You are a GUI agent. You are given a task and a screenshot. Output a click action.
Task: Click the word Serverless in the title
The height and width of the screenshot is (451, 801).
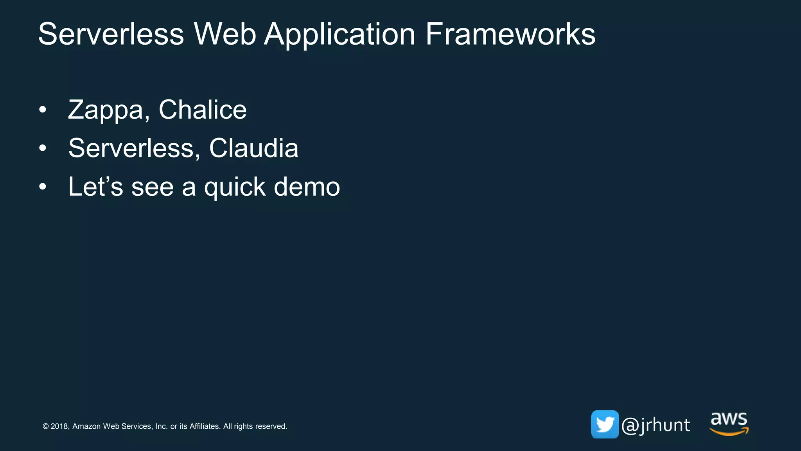click(111, 34)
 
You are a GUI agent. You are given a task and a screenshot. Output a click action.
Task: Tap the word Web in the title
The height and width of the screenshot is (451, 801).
click(224, 34)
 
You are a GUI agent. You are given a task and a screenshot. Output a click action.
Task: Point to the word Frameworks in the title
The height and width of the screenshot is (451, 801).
click(510, 34)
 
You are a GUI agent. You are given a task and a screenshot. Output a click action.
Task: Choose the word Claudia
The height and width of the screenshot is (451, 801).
click(253, 148)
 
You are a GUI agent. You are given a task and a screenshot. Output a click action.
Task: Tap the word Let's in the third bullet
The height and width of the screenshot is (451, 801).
click(95, 186)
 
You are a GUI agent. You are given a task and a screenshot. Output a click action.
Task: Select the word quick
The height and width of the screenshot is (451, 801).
click(235, 187)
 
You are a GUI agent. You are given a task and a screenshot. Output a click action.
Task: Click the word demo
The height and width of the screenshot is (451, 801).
click(307, 186)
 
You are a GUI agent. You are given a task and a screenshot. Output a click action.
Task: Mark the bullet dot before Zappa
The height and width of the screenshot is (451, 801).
click(43, 110)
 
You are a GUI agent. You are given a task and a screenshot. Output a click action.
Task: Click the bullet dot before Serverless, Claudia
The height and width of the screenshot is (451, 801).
click(43, 148)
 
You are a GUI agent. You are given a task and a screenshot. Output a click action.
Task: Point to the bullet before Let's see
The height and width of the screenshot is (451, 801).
click(43, 187)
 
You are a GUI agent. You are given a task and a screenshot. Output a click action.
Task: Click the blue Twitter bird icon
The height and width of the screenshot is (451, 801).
click(605, 424)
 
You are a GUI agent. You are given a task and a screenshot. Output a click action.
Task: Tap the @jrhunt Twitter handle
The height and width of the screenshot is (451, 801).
click(656, 425)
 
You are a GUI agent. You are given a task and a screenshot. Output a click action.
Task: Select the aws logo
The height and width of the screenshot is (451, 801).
click(729, 424)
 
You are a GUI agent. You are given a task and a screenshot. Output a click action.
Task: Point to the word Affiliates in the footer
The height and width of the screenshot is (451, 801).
click(205, 426)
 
